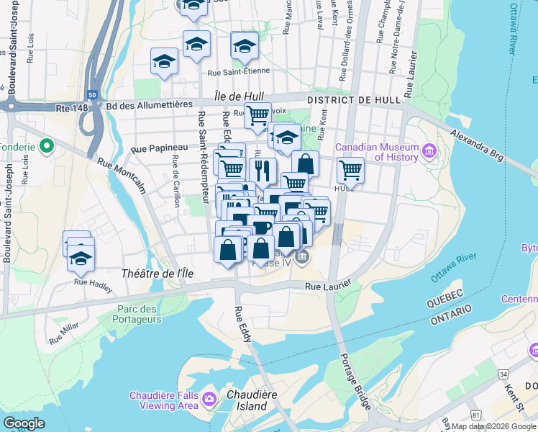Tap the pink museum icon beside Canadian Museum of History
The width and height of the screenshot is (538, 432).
click(430, 150)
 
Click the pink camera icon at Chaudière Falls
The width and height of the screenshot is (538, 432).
click(209, 398)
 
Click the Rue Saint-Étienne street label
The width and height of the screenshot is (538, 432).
click(238, 71)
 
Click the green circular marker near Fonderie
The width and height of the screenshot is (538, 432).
click(47, 147)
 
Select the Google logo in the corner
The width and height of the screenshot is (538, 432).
click(24, 423)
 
